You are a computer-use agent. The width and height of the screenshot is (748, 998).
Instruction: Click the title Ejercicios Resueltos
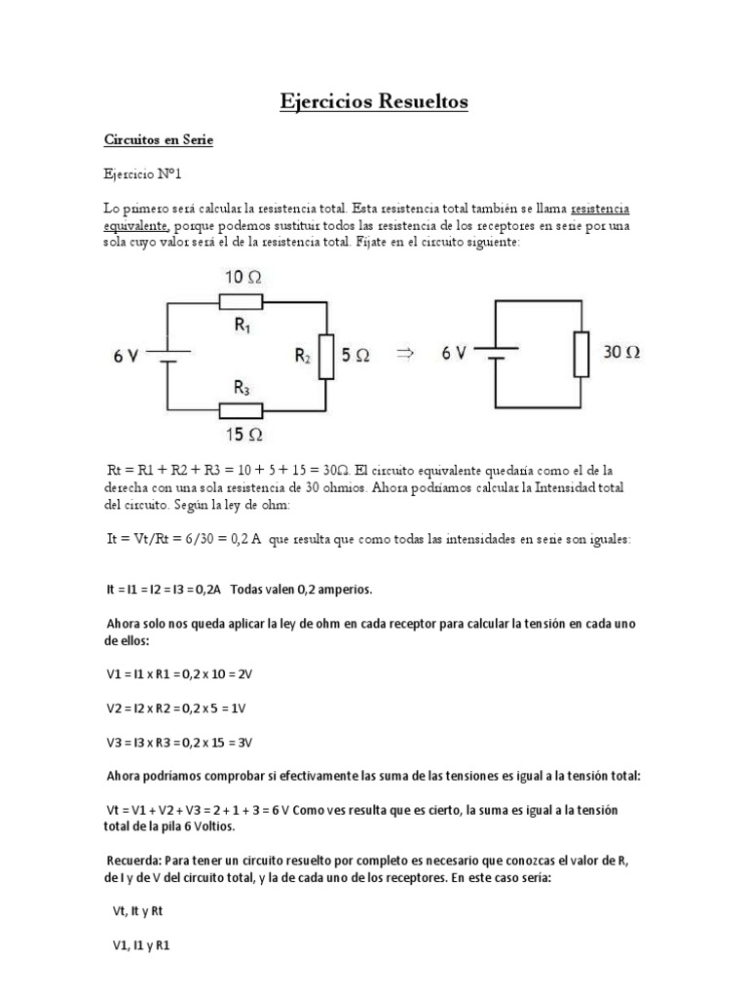[374, 101]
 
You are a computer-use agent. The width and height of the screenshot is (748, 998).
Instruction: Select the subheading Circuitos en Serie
[158, 140]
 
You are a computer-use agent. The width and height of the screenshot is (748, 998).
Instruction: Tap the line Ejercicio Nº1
[142, 174]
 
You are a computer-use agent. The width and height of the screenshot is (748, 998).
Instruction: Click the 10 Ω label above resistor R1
[243, 278]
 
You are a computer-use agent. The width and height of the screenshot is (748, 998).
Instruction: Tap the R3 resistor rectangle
[243, 410]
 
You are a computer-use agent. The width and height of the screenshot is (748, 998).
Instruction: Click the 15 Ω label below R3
[243, 434]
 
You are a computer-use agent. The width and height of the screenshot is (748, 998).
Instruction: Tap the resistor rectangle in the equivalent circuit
[580, 354]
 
